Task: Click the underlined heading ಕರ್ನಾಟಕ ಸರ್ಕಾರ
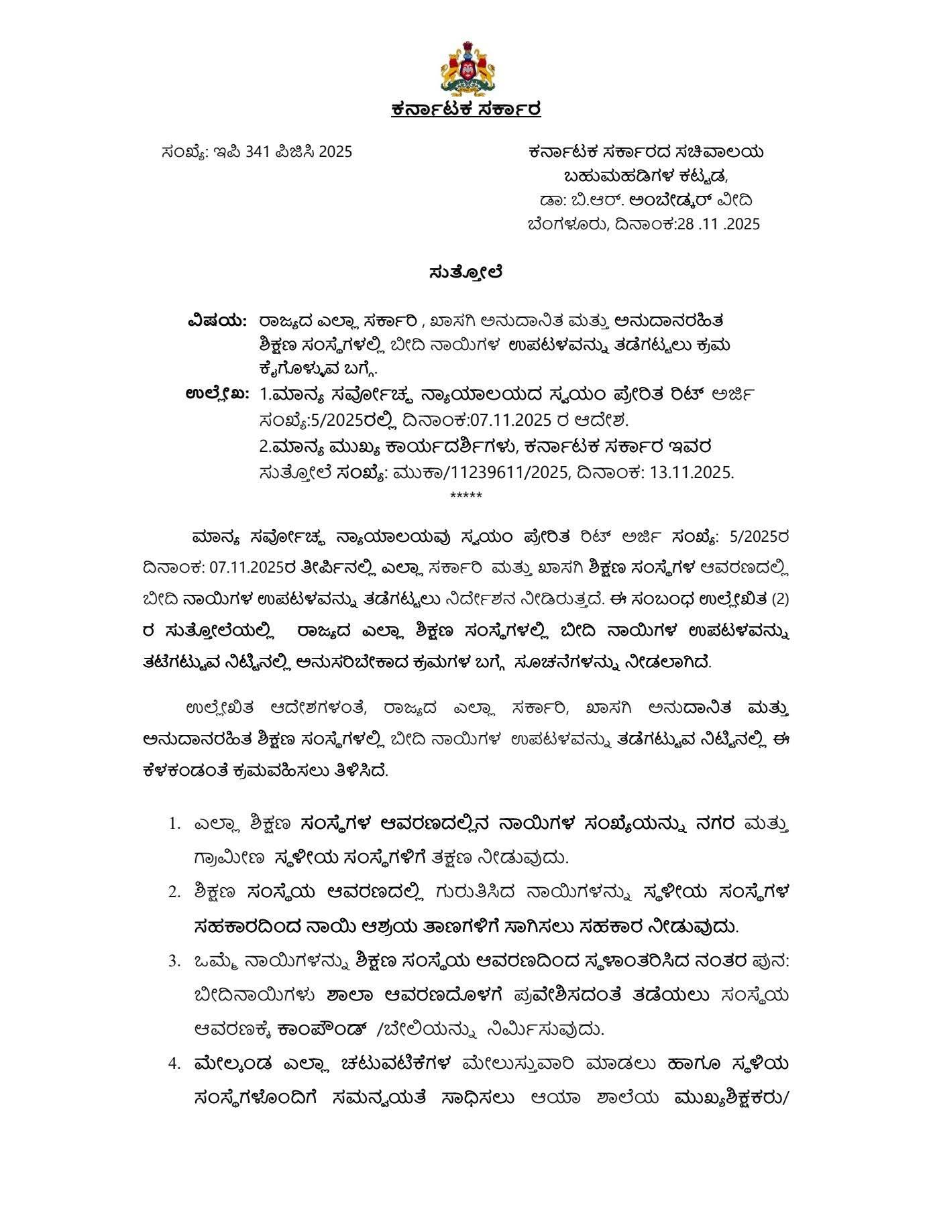[466, 109]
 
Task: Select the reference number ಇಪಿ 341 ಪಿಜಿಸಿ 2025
[282, 152]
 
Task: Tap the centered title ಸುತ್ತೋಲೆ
[466, 273]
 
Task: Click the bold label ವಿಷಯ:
[217, 321]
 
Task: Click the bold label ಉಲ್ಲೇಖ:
[217, 394]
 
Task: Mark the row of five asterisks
[466, 496]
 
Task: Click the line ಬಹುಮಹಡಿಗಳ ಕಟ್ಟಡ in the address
[645, 176]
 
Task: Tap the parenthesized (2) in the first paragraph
[781, 599]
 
